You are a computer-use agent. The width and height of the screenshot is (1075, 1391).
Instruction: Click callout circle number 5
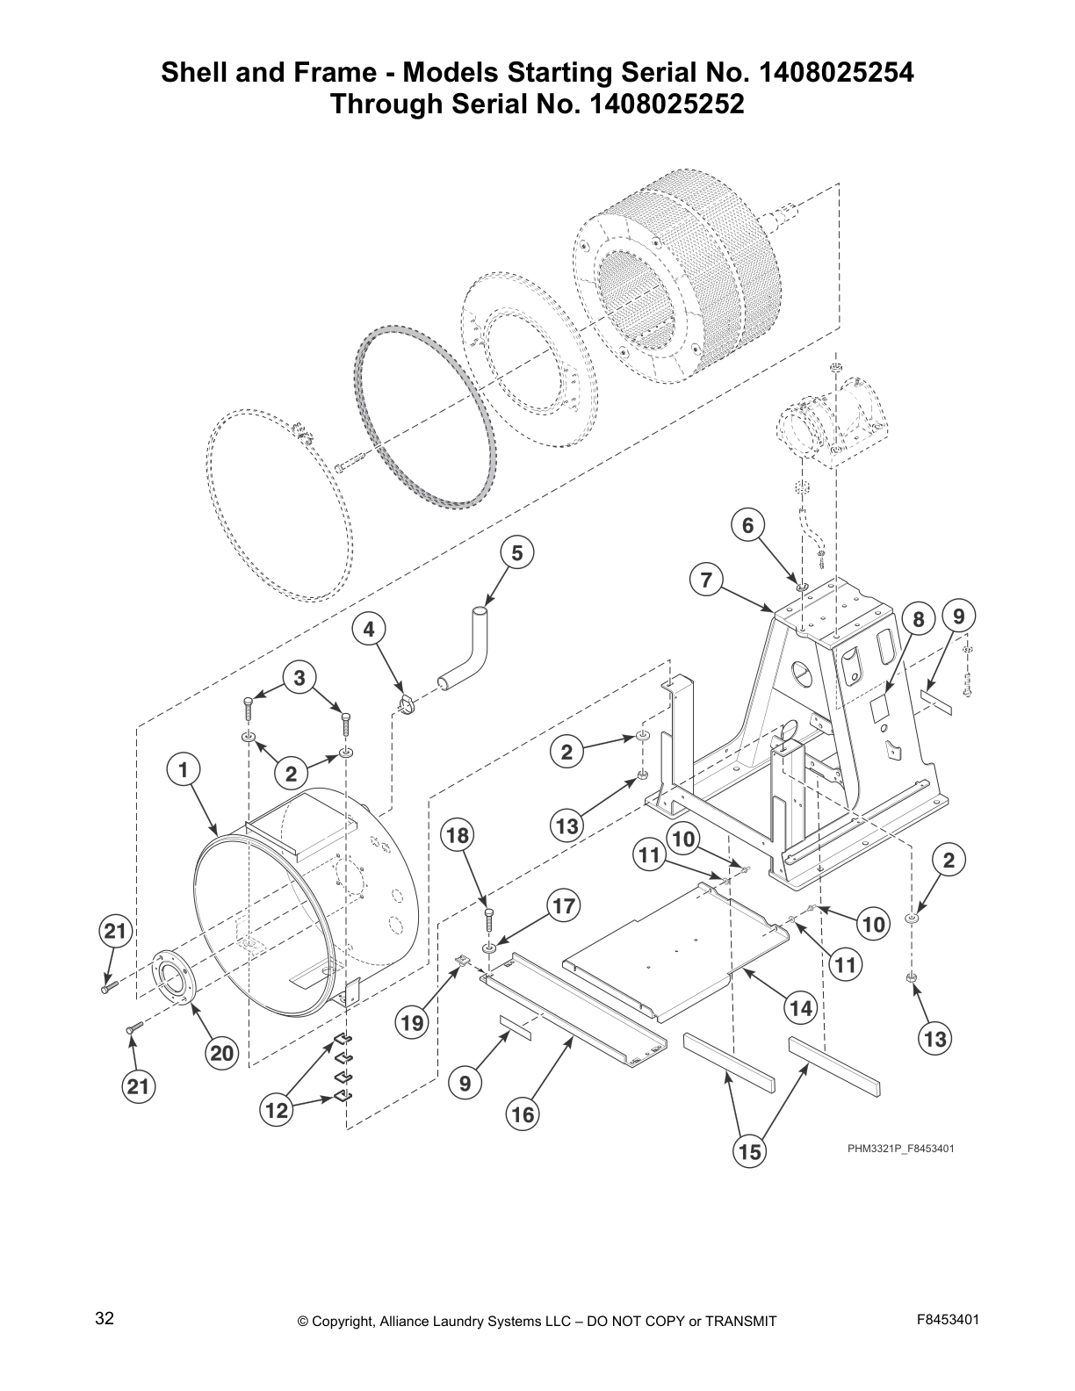(x=516, y=552)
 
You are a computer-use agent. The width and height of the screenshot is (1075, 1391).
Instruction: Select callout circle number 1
(x=183, y=770)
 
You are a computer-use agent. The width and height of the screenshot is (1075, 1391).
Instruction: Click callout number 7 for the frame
(x=706, y=580)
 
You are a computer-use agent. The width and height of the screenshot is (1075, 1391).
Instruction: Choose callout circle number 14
(x=801, y=1009)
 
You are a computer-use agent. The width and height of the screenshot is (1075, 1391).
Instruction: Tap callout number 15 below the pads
(x=750, y=1150)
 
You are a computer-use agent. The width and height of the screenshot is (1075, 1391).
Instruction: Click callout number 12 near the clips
(x=276, y=1111)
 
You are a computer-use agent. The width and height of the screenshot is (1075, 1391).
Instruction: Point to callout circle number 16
(x=522, y=1114)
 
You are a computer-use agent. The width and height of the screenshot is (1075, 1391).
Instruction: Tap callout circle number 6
(x=747, y=525)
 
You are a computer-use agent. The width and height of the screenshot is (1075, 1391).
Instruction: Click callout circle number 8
(x=918, y=619)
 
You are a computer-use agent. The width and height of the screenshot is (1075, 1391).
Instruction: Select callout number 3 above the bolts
(x=299, y=677)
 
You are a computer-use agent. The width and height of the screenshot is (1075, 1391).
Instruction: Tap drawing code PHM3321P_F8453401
(x=900, y=1148)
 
